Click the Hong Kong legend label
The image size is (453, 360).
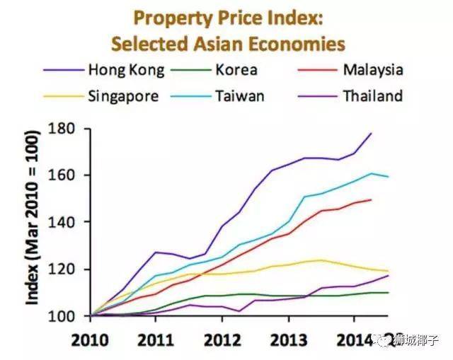127,70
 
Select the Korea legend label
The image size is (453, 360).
238,70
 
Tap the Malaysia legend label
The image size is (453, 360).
373,70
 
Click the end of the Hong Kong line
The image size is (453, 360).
371,133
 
